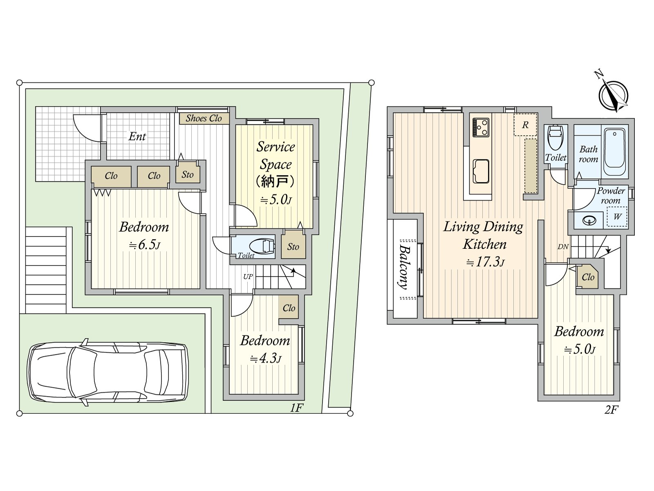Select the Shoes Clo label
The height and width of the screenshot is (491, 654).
coord(204,118)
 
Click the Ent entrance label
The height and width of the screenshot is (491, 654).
coord(137,137)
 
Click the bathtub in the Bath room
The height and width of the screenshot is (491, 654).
coord(614,153)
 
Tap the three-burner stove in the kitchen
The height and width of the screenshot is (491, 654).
coord(481,127)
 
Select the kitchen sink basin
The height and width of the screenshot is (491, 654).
coord(481,171)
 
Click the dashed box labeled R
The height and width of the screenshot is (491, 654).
coord(525,125)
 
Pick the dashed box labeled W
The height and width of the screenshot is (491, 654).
coord(617,216)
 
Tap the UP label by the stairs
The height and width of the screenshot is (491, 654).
coord(248,277)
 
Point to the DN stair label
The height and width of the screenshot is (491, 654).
coord(563,247)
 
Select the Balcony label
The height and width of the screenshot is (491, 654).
coord(403,268)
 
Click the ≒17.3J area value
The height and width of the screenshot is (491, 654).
coord(485,262)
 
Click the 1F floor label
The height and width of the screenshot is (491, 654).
coord(296,408)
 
